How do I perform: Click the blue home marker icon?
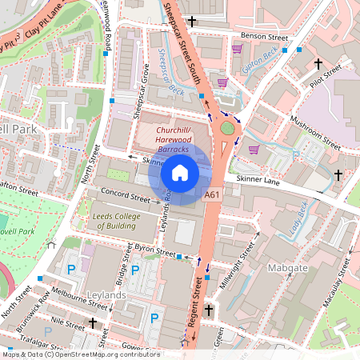click(x=180, y=172)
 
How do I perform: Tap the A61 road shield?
click(x=212, y=194)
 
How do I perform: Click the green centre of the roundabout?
click(x=229, y=127)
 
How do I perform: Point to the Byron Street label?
click(x=154, y=251)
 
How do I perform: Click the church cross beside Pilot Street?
click(x=318, y=62)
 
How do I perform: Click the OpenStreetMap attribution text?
click(x=80, y=354)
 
